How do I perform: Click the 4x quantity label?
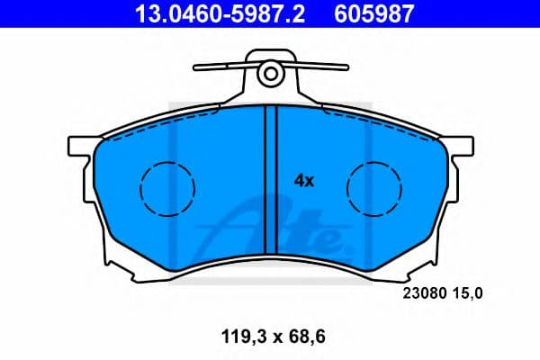(x=303, y=181)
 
